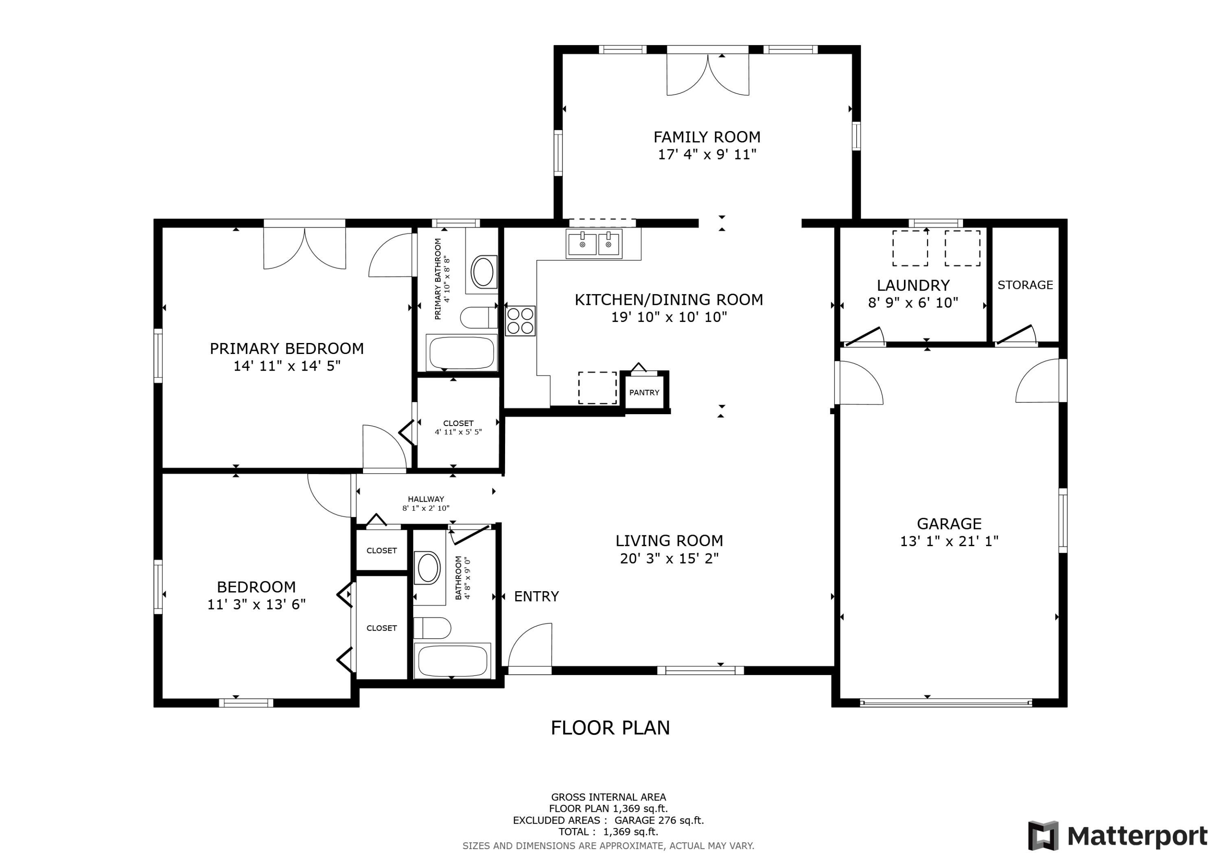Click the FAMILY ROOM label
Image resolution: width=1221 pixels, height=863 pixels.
pos(707,137)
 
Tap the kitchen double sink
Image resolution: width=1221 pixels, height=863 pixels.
pos(593,245)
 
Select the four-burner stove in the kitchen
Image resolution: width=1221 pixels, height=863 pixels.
pos(520,321)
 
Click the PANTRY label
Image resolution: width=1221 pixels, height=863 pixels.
pos(644,392)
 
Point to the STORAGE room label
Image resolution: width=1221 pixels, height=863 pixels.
pos(1025,285)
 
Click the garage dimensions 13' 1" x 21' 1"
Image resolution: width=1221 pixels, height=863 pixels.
pos(949,541)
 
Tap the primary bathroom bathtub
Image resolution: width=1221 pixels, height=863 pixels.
pos(462,352)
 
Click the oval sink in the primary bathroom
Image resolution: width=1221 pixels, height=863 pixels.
pos(484,272)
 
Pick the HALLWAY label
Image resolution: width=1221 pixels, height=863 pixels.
pos(426,499)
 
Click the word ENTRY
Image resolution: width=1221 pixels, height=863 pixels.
pos(536,596)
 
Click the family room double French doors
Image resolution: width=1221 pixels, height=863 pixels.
pos(708,74)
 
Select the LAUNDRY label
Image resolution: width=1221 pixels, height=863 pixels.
pos(913,286)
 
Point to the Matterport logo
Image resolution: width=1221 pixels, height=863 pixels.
pos(1117,835)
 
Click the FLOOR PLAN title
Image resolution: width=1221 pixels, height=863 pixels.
pos(610,728)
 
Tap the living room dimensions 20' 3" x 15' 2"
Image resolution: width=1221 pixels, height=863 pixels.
pos(669,558)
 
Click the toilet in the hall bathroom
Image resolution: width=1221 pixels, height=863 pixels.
pos(432,628)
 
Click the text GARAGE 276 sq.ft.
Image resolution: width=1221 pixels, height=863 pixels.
pos(659,820)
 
